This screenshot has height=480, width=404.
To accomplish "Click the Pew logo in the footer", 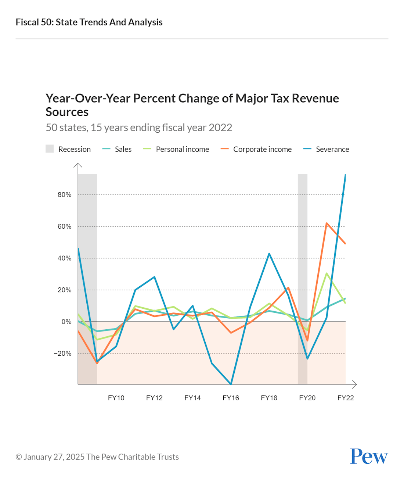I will click(369, 456).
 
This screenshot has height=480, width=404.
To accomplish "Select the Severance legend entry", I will click(332, 149).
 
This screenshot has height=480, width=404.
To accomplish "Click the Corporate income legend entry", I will click(262, 149).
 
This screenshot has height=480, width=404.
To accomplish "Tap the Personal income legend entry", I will click(182, 149).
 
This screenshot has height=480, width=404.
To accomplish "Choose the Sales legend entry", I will click(123, 149).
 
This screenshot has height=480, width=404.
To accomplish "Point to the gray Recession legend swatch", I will click(50, 149).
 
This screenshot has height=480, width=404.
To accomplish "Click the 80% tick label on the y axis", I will click(64, 195).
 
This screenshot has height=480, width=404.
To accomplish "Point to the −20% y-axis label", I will click(62, 354).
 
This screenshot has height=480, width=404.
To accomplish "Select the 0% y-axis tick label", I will click(66, 322).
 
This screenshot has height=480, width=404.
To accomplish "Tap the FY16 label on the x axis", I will click(231, 398).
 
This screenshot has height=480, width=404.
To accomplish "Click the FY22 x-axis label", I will click(345, 398).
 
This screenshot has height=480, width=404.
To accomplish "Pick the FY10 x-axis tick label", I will click(116, 398).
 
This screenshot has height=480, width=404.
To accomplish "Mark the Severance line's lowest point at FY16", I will click(231, 384).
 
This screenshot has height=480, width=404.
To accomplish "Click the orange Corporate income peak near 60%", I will click(327, 223).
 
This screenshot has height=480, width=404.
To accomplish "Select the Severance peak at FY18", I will click(269, 254).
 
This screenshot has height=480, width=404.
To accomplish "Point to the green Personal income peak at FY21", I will click(327, 273).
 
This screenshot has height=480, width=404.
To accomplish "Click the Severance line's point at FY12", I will click(154, 277).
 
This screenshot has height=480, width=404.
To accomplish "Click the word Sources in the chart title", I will click(67, 112).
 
